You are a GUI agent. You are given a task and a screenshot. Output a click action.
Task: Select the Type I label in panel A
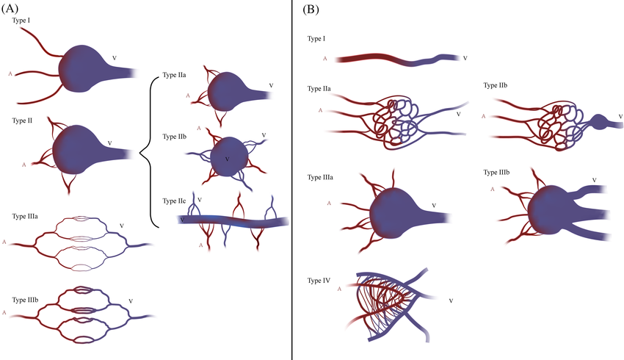coord(21,21)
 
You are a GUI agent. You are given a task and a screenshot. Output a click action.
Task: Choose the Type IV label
coord(319,280)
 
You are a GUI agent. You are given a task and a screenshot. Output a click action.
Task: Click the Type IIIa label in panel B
coord(321,176)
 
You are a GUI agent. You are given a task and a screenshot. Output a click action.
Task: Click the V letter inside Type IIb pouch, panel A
coord(227,159)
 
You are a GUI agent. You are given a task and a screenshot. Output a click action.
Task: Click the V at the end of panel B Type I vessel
coord(465,57)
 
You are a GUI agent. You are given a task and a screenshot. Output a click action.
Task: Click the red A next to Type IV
coord(338,289)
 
